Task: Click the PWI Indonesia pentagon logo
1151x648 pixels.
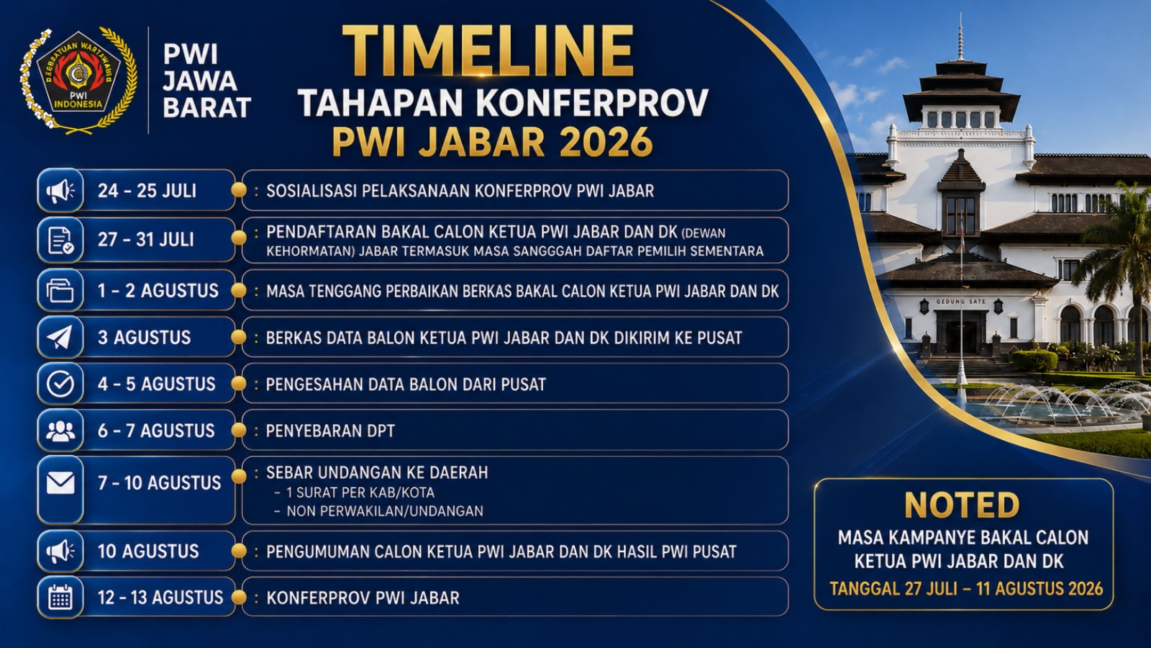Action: (x=78, y=73)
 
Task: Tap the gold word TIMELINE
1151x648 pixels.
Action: (x=488, y=51)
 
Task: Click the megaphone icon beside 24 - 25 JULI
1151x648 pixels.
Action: (x=60, y=191)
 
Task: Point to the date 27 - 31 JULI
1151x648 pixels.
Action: (x=147, y=240)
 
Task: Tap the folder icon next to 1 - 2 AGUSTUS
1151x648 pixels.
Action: (x=60, y=290)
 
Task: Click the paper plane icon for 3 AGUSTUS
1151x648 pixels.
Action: (x=60, y=338)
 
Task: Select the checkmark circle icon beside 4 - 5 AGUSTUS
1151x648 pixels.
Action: (x=60, y=384)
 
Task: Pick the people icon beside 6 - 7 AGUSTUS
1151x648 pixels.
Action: (x=60, y=431)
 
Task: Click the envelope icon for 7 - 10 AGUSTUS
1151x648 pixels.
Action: (x=60, y=483)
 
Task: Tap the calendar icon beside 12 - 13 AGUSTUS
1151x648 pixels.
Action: (x=60, y=598)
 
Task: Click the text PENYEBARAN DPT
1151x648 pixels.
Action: (x=330, y=431)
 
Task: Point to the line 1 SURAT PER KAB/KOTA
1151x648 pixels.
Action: (x=360, y=492)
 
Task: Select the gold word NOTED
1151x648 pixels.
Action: (x=962, y=505)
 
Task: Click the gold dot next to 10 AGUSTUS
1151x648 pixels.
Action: (x=238, y=552)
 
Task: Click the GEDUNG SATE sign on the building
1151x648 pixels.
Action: (x=960, y=302)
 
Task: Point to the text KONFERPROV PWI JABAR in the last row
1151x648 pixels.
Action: (x=363, y=598)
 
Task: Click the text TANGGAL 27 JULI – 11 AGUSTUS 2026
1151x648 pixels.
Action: (x=966, y=588)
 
